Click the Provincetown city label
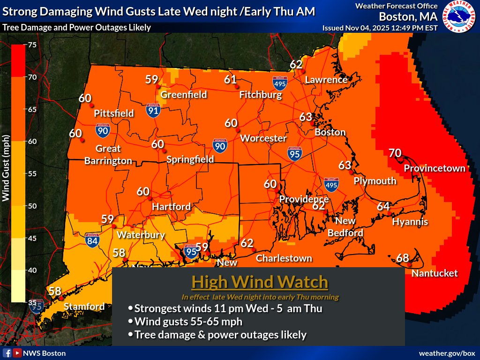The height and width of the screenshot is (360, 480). tap(435, 168)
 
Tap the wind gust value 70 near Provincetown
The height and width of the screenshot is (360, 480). tap(395, 153)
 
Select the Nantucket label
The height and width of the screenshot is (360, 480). tap(435, 273)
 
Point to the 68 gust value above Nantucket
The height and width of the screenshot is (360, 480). tap(403, 258)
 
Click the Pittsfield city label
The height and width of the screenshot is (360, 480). tap(114, 113)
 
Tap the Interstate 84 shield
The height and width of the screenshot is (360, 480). tap(92, 240)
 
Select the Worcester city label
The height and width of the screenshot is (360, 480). tap(263, 138)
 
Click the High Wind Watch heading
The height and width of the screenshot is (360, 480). tap(260, 282)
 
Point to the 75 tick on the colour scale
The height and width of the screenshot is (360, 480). tap(33, 45)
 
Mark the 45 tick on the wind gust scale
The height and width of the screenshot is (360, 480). tap(33, 238)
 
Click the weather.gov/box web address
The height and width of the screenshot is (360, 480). tap(447, 353)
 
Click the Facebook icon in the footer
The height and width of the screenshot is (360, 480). tap(7, 353)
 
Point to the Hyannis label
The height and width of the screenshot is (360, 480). tap(410, 222)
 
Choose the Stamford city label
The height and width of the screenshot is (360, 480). tap(84, 307)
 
